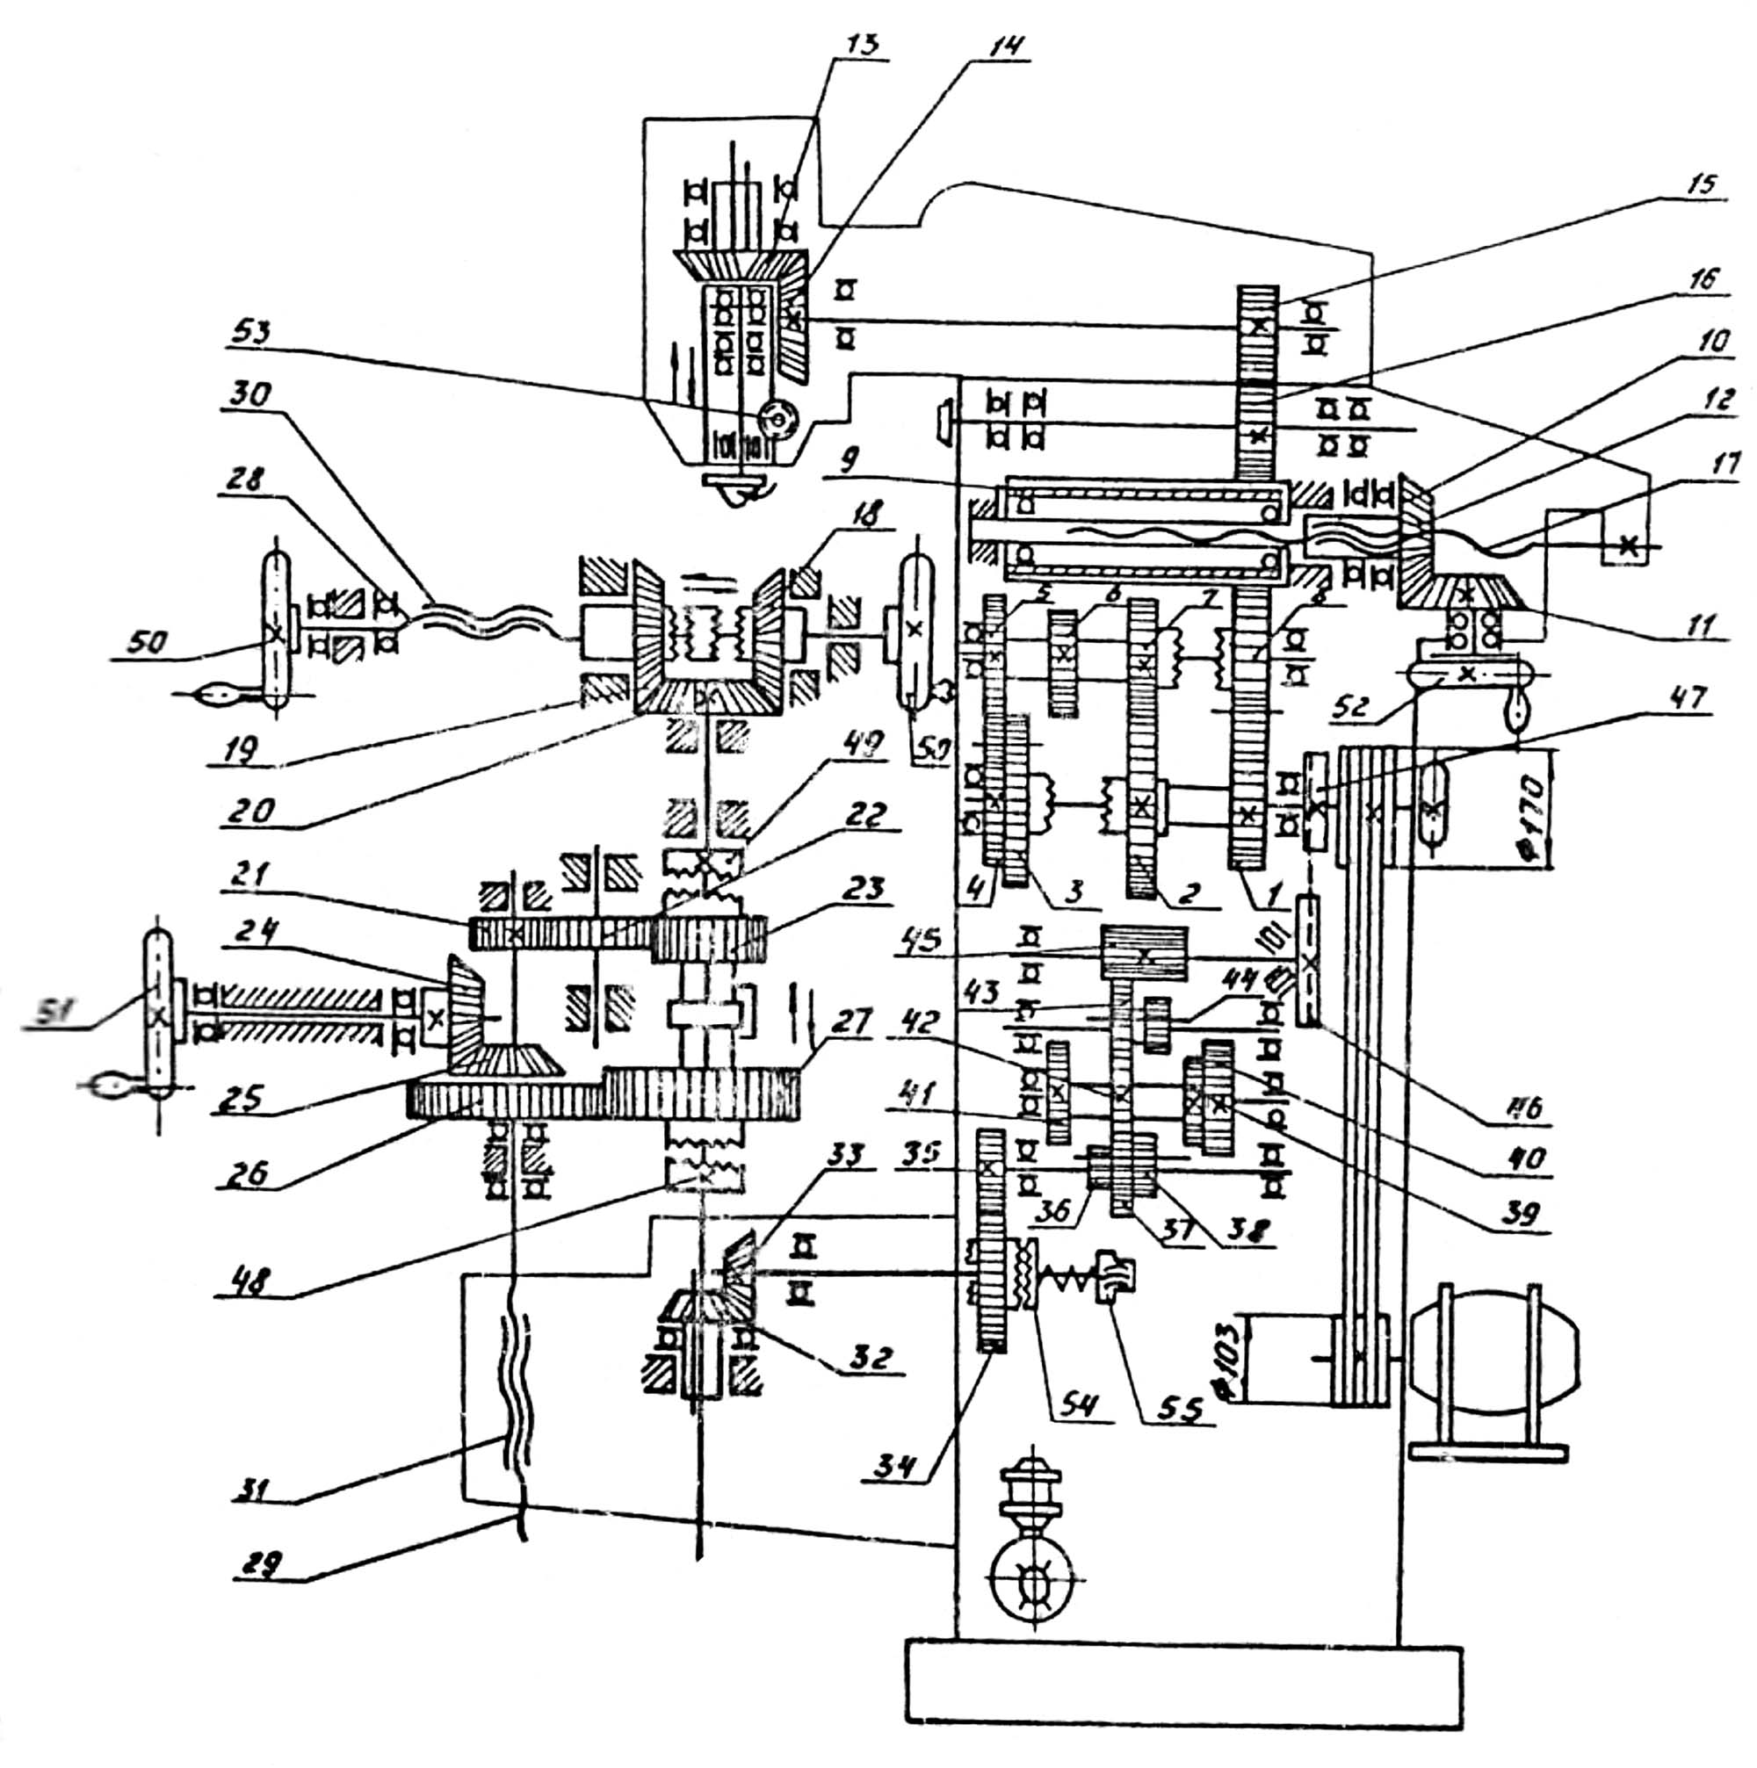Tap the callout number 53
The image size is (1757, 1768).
pyautogui.click(x=249, y=331)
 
